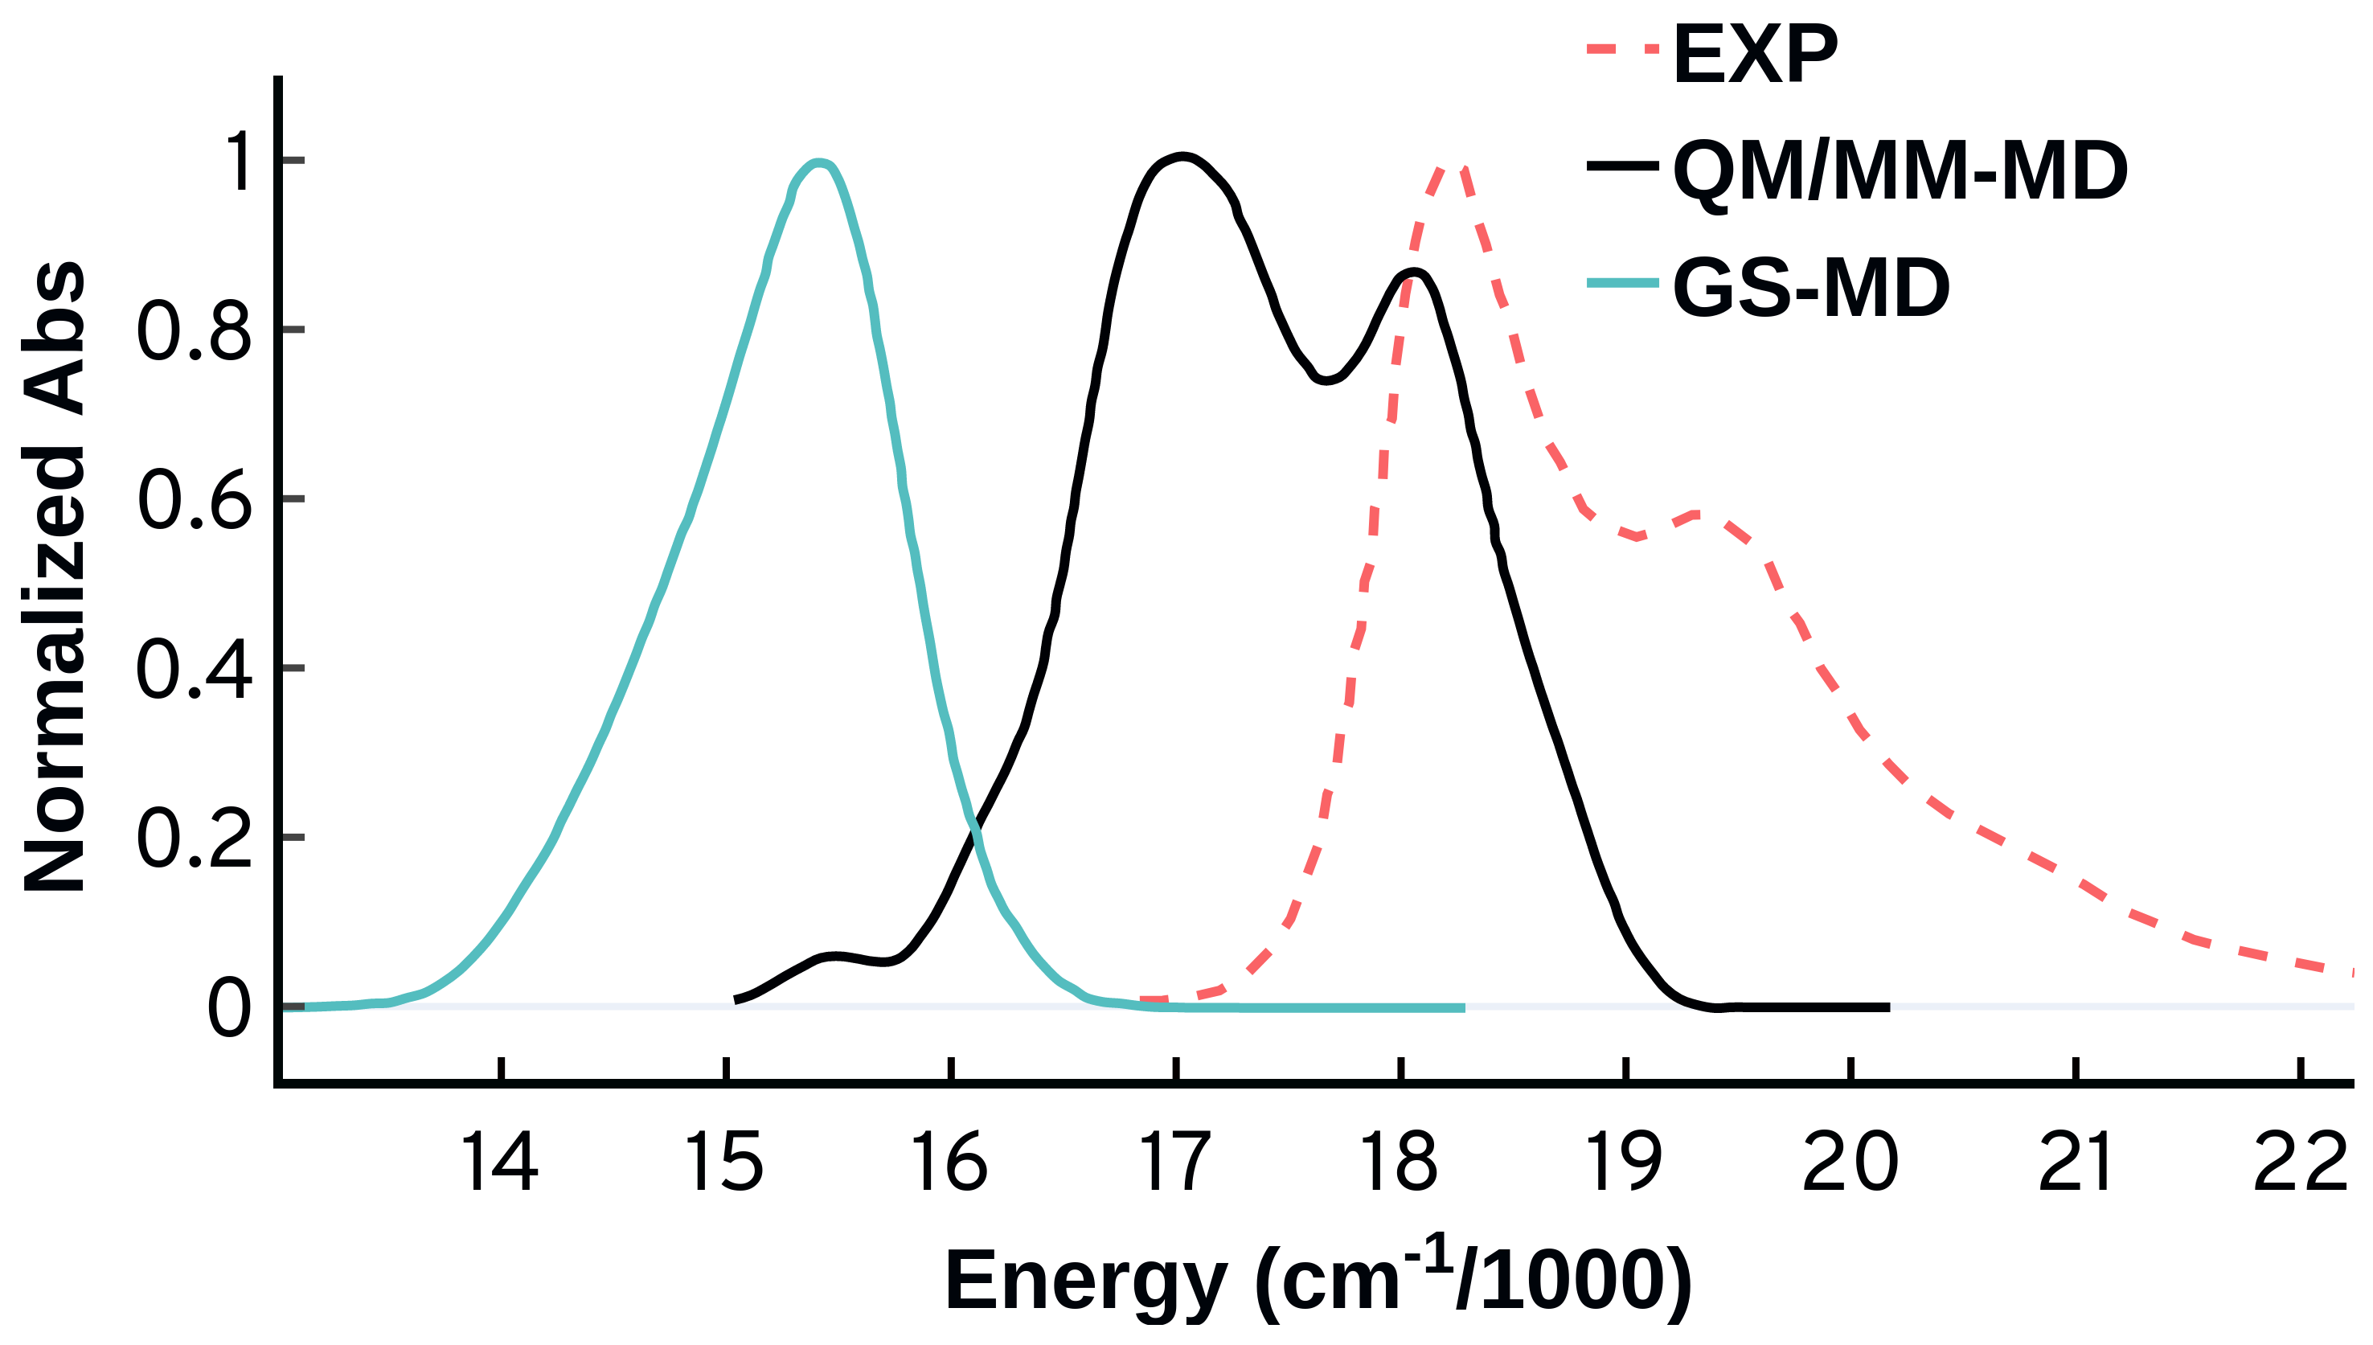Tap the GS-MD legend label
click(x=1810, y=288)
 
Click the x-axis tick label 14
click(x=499, y=1162)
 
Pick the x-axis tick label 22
click(x=2300, y=1162)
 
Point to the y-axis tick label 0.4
click(x=194, y=670)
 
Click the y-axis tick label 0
click(x=228, y=1009)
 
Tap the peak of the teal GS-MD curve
click(x=818, y=163)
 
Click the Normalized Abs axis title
click(x=54, y=577)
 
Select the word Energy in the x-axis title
click(x=1085, y=1281)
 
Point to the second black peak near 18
click(x=1412, y=272)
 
